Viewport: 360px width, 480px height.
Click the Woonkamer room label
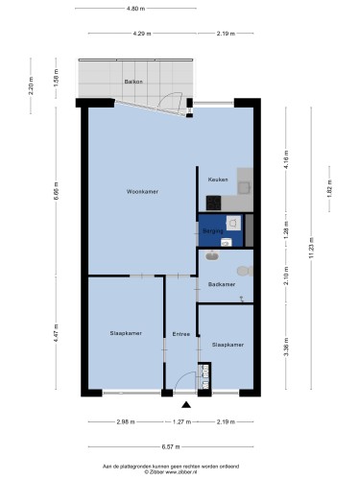point(142,192)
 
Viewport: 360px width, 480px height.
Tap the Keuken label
point(218,180)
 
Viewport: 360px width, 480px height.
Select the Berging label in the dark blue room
point(213,231)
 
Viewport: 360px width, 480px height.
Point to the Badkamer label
point(222,284)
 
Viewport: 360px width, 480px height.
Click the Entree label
point(181,334)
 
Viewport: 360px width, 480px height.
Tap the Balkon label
point(133,82)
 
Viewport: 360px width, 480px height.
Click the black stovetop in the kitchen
point(213,203)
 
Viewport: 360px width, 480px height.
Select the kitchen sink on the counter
point(244,188)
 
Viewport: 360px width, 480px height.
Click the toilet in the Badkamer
point(245,271)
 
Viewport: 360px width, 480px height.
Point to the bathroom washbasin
point(212,255)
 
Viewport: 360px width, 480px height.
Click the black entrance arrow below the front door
point(186,405)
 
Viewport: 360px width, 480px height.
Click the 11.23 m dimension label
point(311,248)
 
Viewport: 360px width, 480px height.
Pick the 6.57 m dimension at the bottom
point(171,446)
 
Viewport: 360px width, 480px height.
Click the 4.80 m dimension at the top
point(136,9)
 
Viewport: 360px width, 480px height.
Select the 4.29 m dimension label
point(142,34)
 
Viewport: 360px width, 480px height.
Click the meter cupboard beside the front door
point(204,376)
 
